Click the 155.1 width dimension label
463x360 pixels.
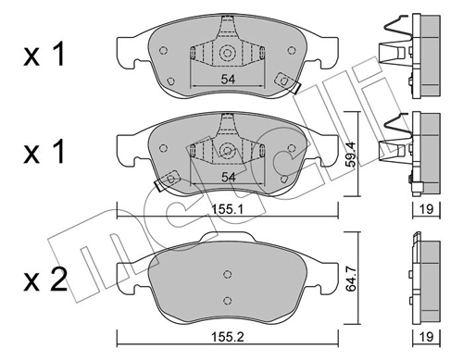click(x=228, y=210)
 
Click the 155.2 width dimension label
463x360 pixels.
click(x=228, y=337)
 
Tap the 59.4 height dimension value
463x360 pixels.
click(x=351, y=155)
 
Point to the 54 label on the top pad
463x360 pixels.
click(x=228, y=80)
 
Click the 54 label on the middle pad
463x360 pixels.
click(x=228, y=178)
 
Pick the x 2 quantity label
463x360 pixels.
click(x=45, y=279)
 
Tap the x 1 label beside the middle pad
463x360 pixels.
click(x=44, y=151)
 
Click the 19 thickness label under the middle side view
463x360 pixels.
click(x=427, y=209)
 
